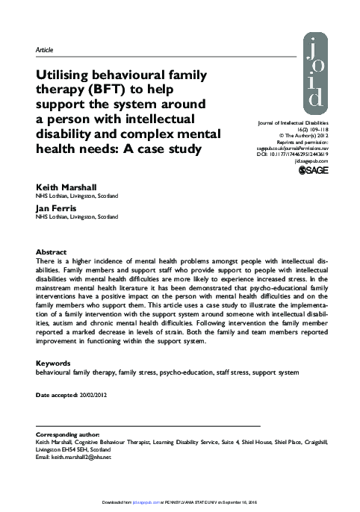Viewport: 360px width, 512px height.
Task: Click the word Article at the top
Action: click(x=46, y=50)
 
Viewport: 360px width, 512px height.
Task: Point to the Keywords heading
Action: click(x=54, y=363)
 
